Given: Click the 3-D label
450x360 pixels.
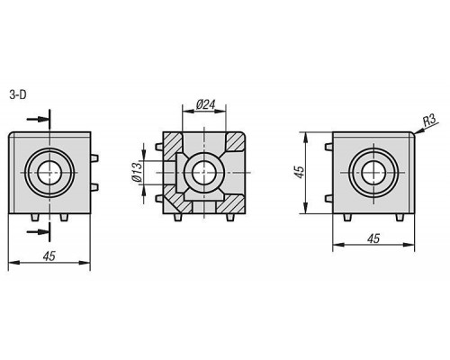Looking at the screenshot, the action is tap(18, 95).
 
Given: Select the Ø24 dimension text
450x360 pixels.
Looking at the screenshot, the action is tap(206, 104).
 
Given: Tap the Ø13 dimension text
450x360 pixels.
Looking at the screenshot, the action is tap(137, 172).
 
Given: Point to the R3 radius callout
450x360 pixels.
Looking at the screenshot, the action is tap(429, 121).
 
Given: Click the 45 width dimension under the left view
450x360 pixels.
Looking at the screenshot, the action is tap(49, 256).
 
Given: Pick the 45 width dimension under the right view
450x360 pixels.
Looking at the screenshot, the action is tap(373, 238).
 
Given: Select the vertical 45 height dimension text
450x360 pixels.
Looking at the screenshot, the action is tap(300, 172).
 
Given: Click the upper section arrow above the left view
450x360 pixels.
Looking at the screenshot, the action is tap(38, 119).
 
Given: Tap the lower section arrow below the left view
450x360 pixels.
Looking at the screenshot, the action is tap(38, 231).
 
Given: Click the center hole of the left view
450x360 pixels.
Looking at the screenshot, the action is tap(49, 172).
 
